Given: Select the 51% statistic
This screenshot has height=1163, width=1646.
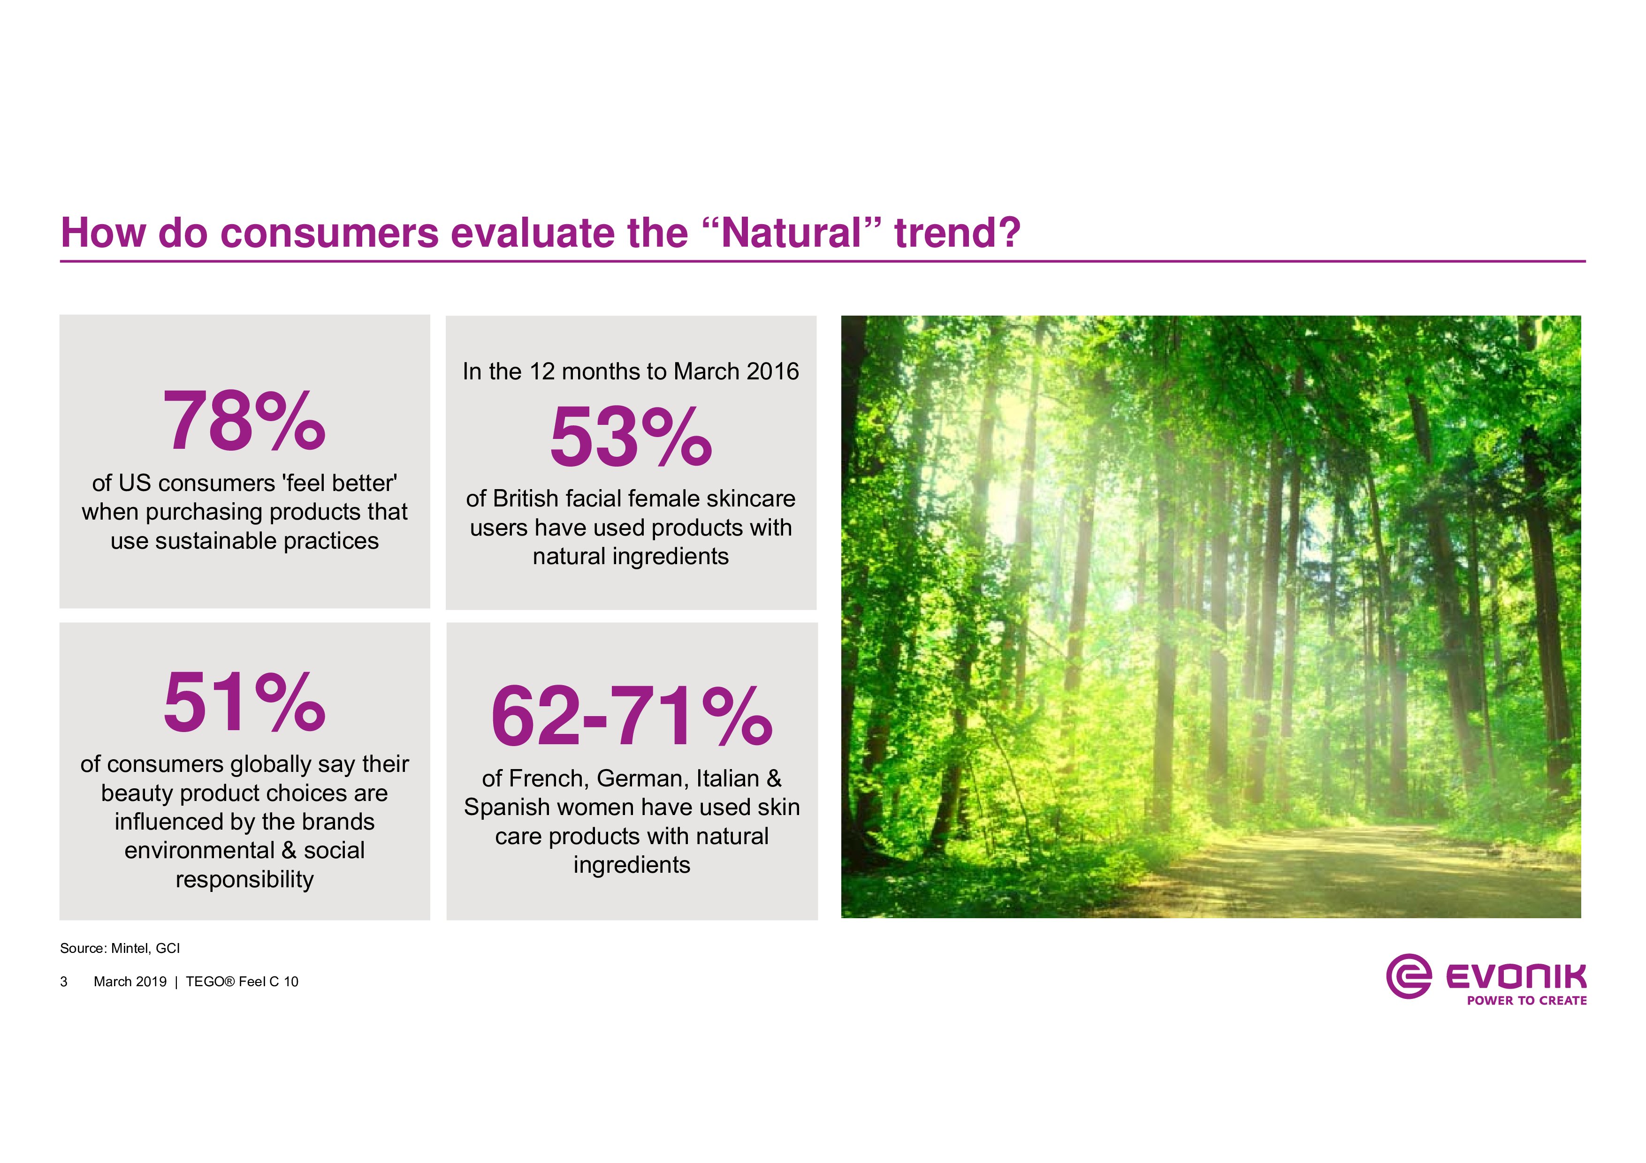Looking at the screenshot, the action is coord(244,702).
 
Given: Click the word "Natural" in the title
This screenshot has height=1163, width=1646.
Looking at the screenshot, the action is coord(791,233).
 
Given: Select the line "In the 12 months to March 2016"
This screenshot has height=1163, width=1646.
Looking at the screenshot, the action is coord(631,371).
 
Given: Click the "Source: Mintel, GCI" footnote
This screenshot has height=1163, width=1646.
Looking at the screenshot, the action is coord(120,948).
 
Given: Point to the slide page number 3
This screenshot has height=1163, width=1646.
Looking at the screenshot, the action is coord(64,982).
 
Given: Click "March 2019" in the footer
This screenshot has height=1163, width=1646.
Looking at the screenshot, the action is coord(130,982).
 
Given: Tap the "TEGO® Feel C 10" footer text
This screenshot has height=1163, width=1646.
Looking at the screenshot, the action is coord(242,982).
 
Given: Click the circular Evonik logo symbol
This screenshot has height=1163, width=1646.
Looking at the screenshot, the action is coord(1409,976).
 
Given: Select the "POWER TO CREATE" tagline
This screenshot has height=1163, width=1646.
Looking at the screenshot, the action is coord(1526,1000).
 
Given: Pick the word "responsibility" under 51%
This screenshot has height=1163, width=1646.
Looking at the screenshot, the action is coord(244,879).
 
